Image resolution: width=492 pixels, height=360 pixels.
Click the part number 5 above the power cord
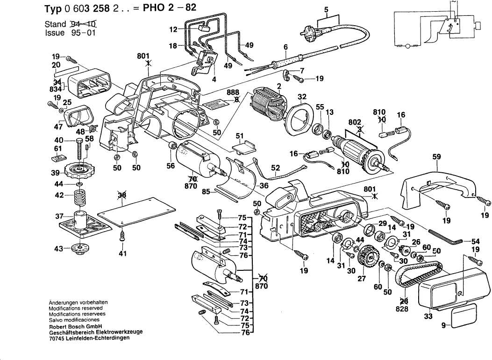[327, 9]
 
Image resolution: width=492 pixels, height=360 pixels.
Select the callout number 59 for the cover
[437, 158]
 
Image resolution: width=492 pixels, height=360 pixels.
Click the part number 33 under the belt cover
[428, 317]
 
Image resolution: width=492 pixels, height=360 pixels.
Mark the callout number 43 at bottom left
[59, 249]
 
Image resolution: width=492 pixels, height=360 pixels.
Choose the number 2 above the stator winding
[278, 86]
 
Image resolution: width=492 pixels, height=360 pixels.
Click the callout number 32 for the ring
[302, 97]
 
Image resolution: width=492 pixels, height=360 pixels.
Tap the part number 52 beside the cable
[275, 168]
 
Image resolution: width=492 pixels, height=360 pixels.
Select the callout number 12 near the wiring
[173, 29]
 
